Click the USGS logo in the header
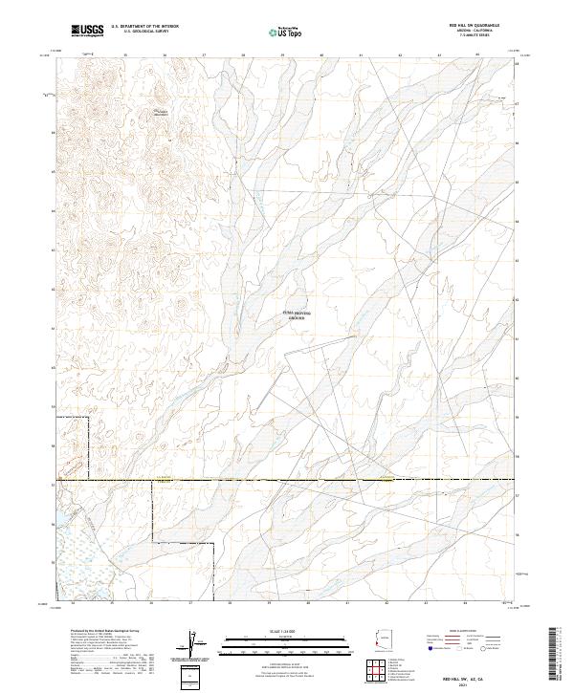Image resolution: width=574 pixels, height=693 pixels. click(x=88, y=31)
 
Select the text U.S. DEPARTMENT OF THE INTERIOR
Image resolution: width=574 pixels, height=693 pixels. click(x=144, y=27)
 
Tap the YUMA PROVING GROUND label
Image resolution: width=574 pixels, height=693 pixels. click(x=297, y=314)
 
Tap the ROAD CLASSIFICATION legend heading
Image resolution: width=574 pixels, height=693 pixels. click(x=468, y=632)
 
